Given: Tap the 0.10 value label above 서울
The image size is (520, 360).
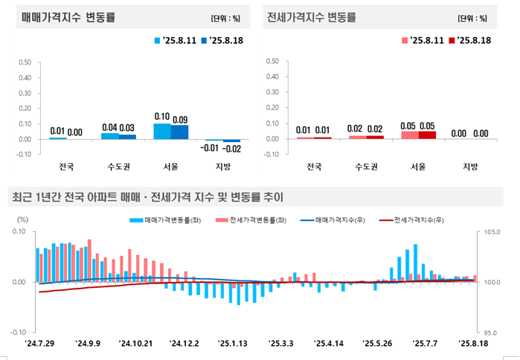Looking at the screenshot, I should [162, 117].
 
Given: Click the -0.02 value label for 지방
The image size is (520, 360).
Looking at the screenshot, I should [232, 149].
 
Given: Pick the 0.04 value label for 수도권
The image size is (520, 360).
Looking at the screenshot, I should [110, 127].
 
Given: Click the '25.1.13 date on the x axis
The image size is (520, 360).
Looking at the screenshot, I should [233, 344].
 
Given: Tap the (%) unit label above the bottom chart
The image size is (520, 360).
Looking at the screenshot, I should [22, 219].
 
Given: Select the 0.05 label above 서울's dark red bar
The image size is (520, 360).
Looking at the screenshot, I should [428, 127].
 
